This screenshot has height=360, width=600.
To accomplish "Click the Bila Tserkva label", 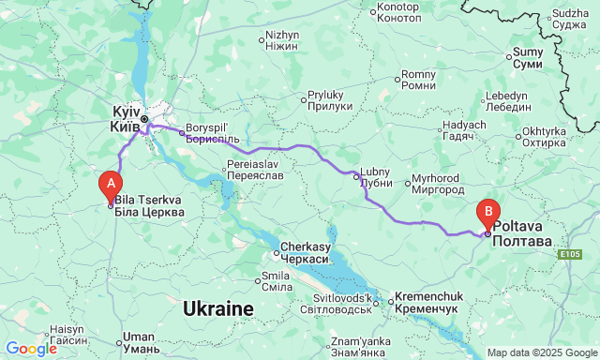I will (149, 206).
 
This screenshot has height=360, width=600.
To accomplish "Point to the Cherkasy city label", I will (305, 252).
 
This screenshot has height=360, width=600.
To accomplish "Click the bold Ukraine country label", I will (217, 308).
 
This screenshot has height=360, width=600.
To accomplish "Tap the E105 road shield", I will (567, 254).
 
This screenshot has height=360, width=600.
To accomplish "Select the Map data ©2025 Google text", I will (541, 352).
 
